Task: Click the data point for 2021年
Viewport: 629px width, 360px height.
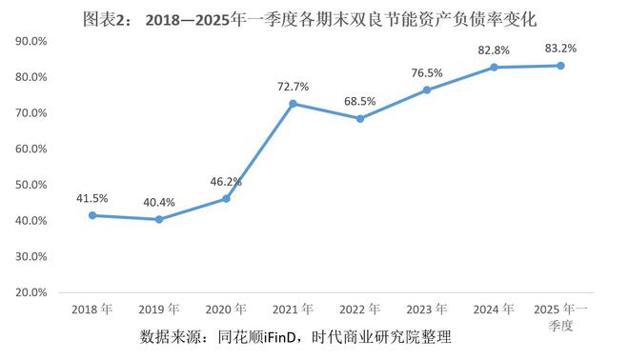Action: coord(293,103)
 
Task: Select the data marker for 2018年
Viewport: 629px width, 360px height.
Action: coord(92,215)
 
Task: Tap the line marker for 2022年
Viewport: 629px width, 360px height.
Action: coord(359,118)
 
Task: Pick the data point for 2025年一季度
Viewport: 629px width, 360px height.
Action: coord(560,65)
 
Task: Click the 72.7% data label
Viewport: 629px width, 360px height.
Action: coord(293,87)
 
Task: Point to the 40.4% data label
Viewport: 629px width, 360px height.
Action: coord(159,202)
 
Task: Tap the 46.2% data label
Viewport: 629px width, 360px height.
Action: coord(226,180)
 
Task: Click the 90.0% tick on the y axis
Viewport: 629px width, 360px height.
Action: coord(33,41)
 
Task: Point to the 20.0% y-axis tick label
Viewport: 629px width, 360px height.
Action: coord(33,293)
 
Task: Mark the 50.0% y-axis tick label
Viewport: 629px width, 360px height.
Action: coord(33,185)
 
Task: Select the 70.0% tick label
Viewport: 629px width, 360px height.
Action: coord(33,113)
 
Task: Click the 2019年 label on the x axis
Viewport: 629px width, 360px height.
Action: coord(159,310)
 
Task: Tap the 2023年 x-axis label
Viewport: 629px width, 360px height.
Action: coord(427,310)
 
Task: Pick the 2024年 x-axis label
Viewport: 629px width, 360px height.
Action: coord(494,310)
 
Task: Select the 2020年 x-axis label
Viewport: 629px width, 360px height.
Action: coord(226,310)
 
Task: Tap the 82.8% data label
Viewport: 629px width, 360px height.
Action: coord(494,49)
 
